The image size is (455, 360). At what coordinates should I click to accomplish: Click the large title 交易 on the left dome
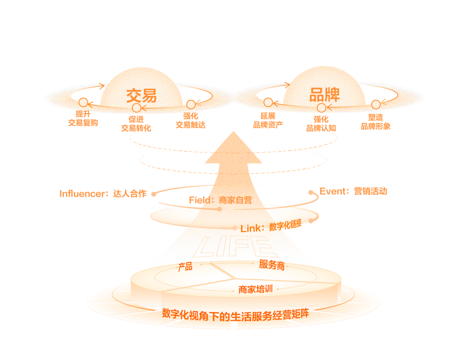pyautogui.click(x=142, y=96)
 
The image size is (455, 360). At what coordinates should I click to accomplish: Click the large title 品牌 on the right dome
pyautogui.click(x=324, y=94)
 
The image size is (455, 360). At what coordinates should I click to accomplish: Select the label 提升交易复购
pyautogui.click(x=83, y=118)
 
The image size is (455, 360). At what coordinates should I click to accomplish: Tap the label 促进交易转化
pyautogui.click(x=136, y=123)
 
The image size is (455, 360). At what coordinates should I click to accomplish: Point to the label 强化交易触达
pyautogui.click(x=191, y=120)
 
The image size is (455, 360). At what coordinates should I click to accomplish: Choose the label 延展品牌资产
pyautogui.click(x=268, y=120)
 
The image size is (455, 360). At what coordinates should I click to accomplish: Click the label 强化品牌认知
pyautogui.click(x=321, y=123)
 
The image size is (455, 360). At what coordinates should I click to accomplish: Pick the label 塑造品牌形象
pyautogui.click(x=375, y=122)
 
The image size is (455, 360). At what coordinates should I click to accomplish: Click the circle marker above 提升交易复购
pyautogui.click(x=83, y=102)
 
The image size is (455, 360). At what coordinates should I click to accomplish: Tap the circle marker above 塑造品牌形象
pyautogui.click(x=376, y=104)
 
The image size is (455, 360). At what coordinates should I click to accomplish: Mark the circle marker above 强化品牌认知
pyautogui.click(x=321, y=108)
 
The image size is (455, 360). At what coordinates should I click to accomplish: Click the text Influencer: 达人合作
pyautogui.click(x=103, y=194)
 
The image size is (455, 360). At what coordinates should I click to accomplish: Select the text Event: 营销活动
pyautogui.click(x=353, y=191)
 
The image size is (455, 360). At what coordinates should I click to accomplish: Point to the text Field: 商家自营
pyautogui.click(x=220, y=200)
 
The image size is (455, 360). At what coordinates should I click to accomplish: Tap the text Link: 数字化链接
pyautogui.click(x=271, y=226)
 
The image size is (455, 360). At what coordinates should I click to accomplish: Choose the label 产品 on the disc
pyautogui.click(x=185, y=267)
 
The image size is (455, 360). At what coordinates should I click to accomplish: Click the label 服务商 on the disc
pyautogui.click(x=272, y=264)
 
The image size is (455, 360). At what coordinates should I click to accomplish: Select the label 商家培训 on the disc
pyautogui.click(x=256, y=289)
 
